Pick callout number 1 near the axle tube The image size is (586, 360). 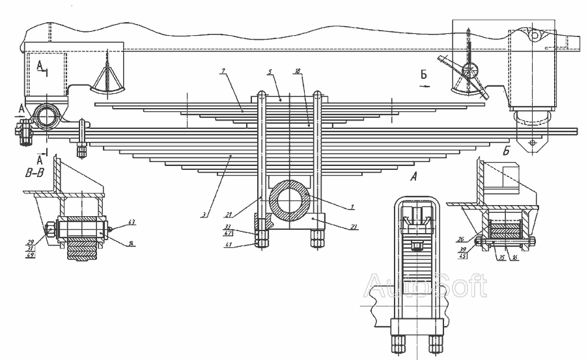[x=352, y=207]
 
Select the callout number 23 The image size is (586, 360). [x=354, y=228]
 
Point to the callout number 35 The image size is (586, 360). [x=502, y=257]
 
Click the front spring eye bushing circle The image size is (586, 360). [x=47, y=117]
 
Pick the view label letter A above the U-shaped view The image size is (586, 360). [x=414, y=175]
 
